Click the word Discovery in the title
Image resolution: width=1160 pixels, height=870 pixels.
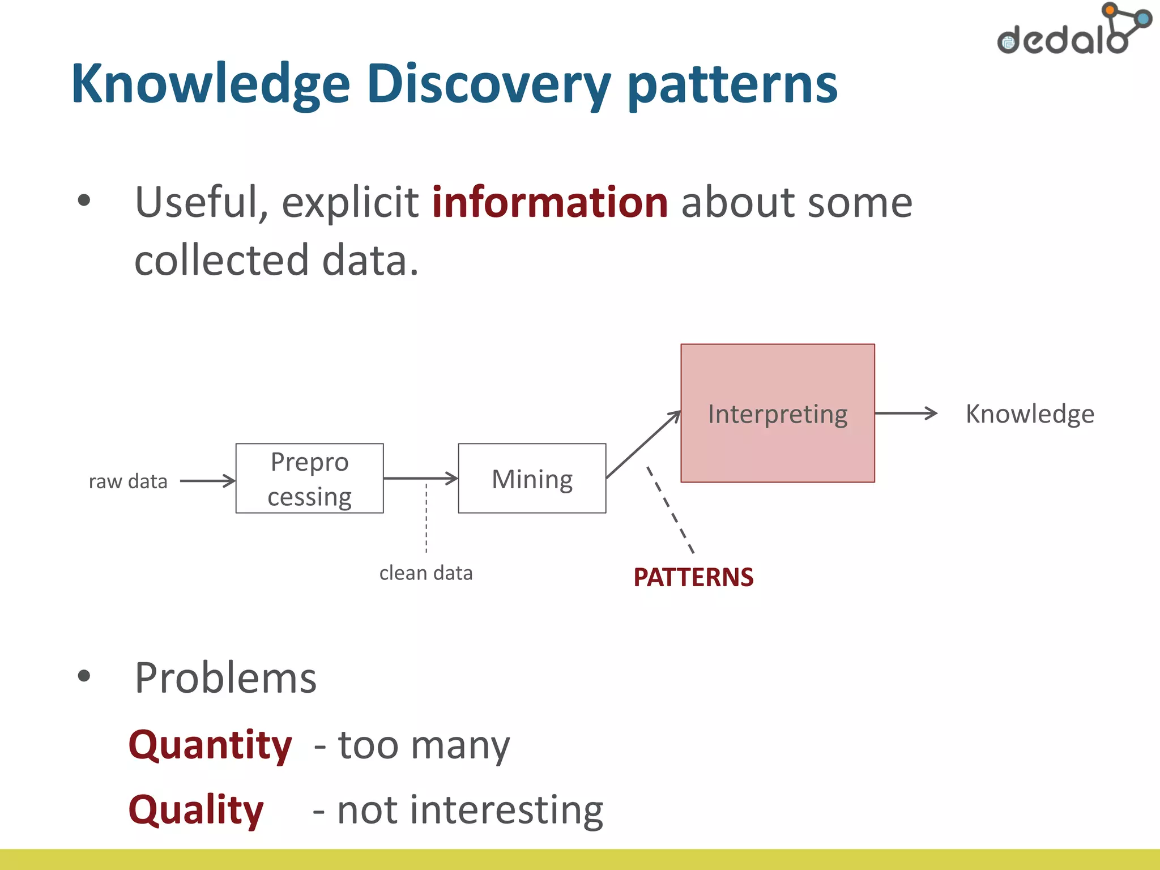tap(488, 85)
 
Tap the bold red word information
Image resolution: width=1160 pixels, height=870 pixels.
tap(549, 202)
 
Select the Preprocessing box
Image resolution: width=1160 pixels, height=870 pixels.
tap(309, 479)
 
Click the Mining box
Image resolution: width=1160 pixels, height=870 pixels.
tap(532, 479)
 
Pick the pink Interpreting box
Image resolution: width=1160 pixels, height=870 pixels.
tap(777, 413)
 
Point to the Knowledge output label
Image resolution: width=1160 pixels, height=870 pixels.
tap(1029, 413)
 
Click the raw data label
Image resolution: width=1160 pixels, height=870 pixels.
tap(128, 481)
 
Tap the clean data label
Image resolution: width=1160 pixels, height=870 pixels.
tap(426, 573)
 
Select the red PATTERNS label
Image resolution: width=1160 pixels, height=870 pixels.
tap(693, 577)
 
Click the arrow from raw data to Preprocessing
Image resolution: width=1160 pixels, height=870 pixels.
tap(207, 481)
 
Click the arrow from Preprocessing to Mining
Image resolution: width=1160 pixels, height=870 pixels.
tap(420, 478)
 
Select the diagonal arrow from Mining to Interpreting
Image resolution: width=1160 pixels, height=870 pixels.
tap(643, 445)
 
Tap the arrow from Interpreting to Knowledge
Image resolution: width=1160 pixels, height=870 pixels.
tap(905, 413)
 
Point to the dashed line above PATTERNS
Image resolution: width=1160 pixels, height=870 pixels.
tap(671, 510)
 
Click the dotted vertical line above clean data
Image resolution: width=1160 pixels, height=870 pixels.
tap(427, 518)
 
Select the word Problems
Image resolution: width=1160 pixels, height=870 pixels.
tap(225, 678)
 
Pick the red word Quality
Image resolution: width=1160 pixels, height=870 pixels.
tap(196, 809)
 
